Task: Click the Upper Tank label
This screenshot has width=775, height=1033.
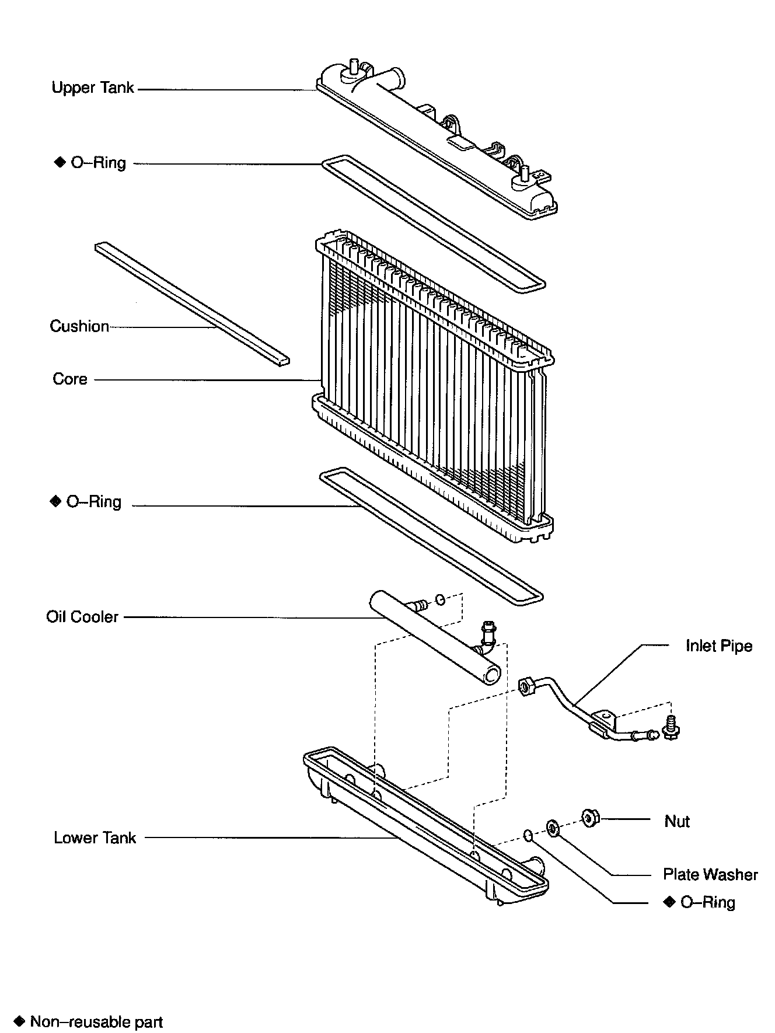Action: point(93,88)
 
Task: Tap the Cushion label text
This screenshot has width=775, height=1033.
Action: point(79,326)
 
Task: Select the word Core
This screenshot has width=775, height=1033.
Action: point(70,379)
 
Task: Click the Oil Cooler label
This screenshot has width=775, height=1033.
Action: point(82,617)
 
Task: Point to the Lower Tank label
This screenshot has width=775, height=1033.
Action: point(95,838)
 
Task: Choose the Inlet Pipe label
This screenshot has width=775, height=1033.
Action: point(718,646)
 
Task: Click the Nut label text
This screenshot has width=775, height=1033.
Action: point(677,822)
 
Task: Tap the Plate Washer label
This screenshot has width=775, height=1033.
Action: point(710,874)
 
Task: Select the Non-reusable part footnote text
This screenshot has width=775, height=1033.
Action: point(96,1022)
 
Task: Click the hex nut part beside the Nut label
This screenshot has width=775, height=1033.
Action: point(591,819)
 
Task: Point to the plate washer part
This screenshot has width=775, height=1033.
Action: point(551,827)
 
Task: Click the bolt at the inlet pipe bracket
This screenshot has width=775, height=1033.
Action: point(671,727)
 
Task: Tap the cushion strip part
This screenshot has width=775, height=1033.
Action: point(193,303)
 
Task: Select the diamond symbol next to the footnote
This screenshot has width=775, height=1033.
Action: point(20,1021)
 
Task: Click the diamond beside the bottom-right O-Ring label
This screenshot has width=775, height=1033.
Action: point(669,902)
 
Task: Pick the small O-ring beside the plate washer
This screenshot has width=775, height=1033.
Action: point(528,835)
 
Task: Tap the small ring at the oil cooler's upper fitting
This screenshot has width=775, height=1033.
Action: point(441,599)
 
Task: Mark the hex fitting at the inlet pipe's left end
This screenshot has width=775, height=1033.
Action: point(525,685)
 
